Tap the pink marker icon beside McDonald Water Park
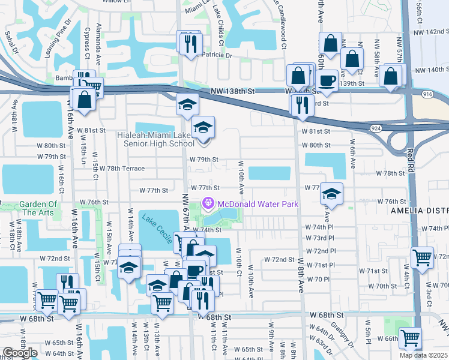click(209, 202)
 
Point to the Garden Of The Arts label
click(38, 208)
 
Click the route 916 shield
click(427, 94)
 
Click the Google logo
click(19, 353)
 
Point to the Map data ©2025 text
click(423, 355)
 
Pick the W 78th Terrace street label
click(122, 169)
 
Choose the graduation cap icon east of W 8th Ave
click(331, 193)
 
